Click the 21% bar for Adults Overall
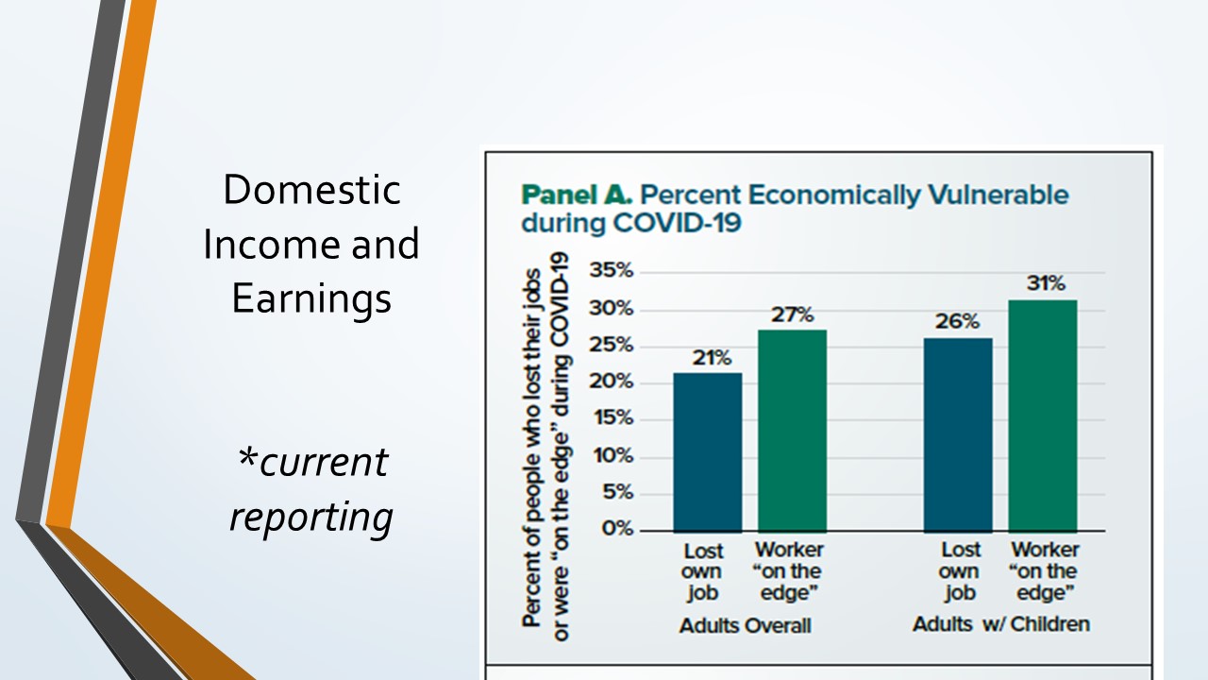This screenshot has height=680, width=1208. (x=708, y=452)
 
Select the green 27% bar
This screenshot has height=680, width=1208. (x=792, y=431)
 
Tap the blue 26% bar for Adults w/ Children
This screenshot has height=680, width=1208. (x=958, y=435)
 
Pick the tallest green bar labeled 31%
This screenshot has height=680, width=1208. (x=1043, y=416)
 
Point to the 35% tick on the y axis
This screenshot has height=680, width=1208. (x=611, y=270)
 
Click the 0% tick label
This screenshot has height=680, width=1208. (x=617, y=528)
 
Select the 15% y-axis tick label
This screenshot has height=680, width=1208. (x=613, y=417)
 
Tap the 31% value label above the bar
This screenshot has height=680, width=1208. (x=1046, y=283)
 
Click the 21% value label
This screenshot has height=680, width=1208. (x=712, y=357)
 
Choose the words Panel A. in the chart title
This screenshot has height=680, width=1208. (x=577, y=195)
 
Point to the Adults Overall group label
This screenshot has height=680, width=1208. (x=746, y=625)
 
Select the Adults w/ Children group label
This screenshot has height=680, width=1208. (x=1001, y=624)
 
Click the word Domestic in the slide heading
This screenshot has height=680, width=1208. (x=311, y=190)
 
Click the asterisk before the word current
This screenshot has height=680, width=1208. (x=247, y=458)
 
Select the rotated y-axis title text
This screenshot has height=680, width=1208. (x=545, y=447)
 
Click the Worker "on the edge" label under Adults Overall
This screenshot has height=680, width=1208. (x=789, y=571)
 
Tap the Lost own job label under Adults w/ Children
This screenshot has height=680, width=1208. (x=960, y=571)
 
